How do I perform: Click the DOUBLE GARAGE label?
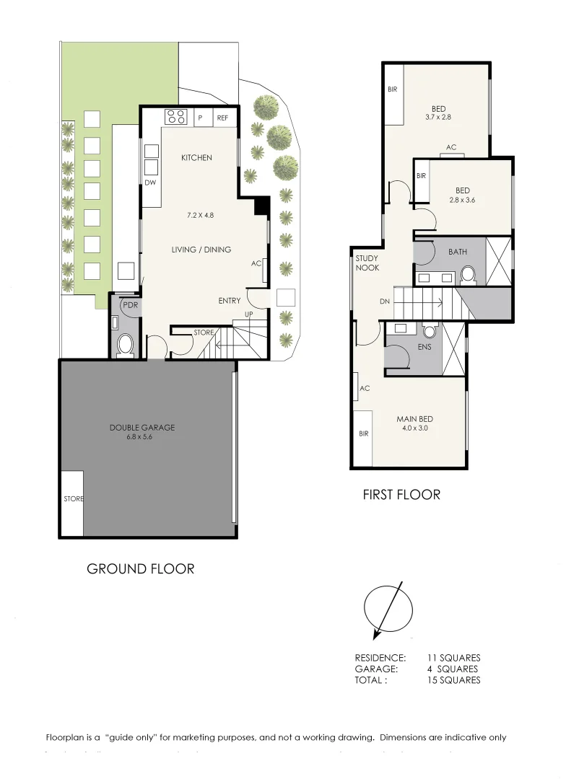click(x=142, y=427)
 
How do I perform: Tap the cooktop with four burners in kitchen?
click(x=175, y=116)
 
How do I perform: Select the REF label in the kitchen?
click(x=222, y=118)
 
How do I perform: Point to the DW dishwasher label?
click(x=149, y=182)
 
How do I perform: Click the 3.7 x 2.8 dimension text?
click(x=438, y=116)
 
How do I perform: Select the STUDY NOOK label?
click(x=367, y=263)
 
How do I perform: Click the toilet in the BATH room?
click(x=468, y=274)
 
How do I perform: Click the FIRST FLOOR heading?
click(x=401, y=495)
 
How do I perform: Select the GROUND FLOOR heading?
click(x=140, y=568)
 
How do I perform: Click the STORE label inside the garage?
click(x=73, y=498)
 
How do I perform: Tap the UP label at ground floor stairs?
click(x=249, y=314)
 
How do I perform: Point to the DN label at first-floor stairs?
click(x=384, y=303)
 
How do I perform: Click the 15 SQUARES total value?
click(x=453, y=679)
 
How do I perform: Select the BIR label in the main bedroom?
click(x=364, y=433)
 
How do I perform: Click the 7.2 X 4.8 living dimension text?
click(x=200, y=215)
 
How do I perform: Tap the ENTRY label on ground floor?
click(x=230, y=301)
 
